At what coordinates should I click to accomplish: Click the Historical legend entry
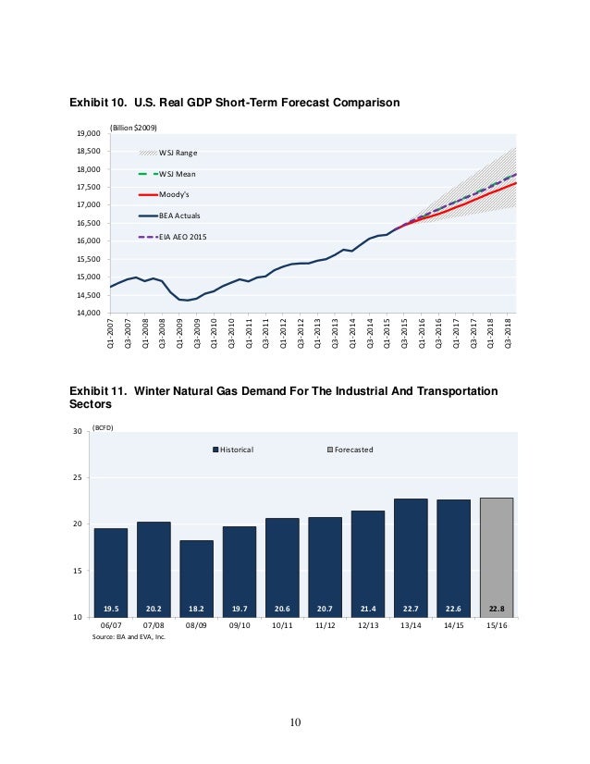(x=233, y=450)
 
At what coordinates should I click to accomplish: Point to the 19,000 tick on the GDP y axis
(x=89, y=134)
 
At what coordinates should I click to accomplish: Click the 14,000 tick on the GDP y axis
(x=89, y=313)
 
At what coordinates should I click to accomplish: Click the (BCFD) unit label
(x=103, y=428)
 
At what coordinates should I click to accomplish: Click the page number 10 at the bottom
(x=295, y=722)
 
